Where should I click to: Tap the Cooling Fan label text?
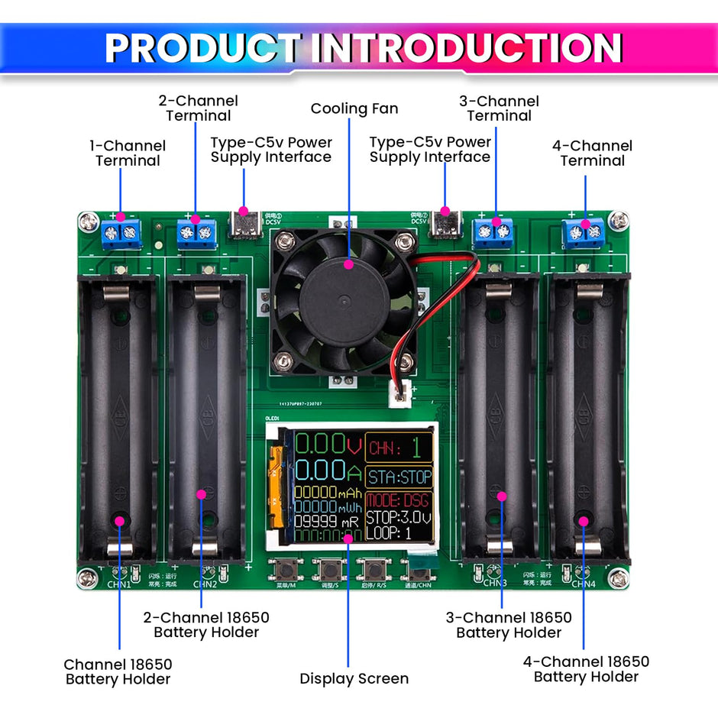[x=354, y=108]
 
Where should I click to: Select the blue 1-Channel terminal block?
[x=121, y=231]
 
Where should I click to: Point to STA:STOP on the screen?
[x=399, y=477]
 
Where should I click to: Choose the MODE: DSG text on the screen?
[x=398, y=501]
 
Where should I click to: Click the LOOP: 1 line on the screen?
[x=389, y=533]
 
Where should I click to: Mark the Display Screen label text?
[x=354, y=678]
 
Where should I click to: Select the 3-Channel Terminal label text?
[x=499, y=108]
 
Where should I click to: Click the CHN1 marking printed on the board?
[x=119, y=584]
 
